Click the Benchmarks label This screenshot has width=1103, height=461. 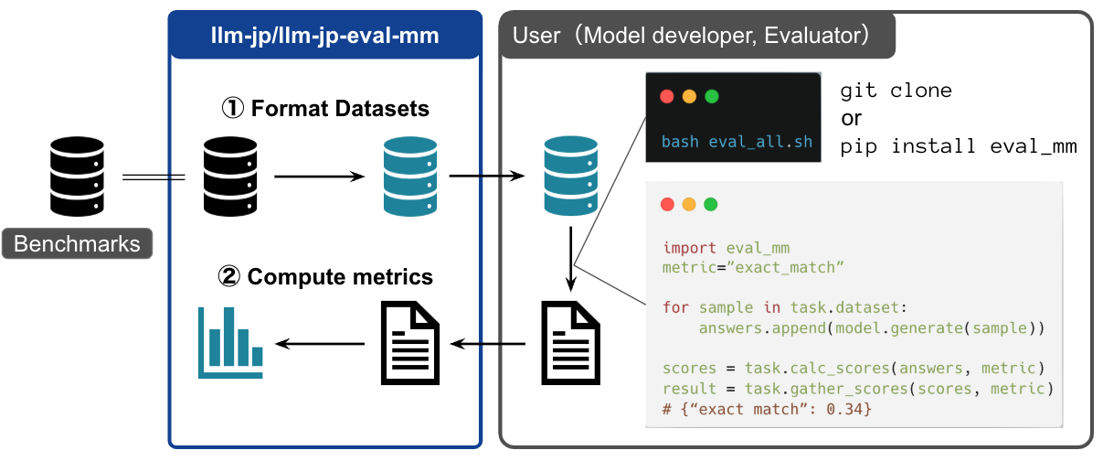[77, 244]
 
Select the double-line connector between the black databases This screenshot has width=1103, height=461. [154, 177]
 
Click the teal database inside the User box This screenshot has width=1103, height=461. [570, 175]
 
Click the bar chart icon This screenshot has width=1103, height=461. [230, 343]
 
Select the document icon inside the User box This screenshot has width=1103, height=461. [570, 343]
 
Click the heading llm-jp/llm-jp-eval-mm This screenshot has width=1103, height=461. [325, 37]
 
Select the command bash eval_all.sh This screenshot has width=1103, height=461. [737, 142]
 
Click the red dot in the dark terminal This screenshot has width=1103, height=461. [666, 96]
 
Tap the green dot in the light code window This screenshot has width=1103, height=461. [710, 205]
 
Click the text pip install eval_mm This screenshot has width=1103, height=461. [958, 145]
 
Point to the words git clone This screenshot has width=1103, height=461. [896, 91]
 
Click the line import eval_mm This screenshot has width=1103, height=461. [726, 248]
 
